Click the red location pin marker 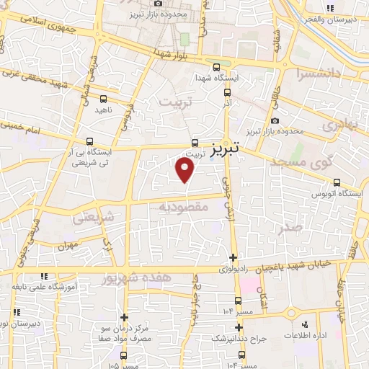coord(185,169)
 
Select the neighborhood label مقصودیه coord(184,208)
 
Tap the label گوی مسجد coord(306,163)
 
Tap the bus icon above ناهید coord(104,99)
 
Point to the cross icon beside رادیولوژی coord(232,258)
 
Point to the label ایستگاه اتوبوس coord(330,194)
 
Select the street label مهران coord(68,245)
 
